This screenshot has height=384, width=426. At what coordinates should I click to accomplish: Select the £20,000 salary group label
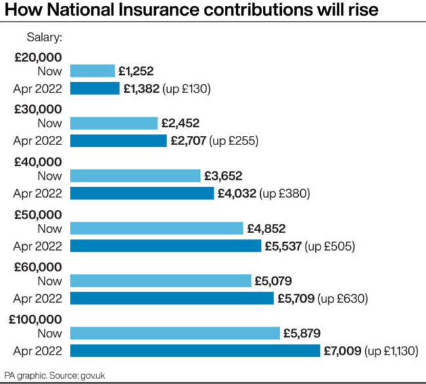[38, 57]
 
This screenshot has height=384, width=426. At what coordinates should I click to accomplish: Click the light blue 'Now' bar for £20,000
[92, 71]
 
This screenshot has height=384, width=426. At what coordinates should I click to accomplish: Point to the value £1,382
[141, 89]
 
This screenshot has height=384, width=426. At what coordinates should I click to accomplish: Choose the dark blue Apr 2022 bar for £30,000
[118, 141]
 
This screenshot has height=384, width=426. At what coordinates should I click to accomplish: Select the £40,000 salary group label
[38, 162]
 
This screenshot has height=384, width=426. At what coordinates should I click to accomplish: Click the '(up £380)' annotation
[285, 194]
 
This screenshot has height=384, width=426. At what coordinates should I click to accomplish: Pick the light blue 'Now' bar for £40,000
[134, 176]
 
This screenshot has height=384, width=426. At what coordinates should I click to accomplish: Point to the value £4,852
[266, 228]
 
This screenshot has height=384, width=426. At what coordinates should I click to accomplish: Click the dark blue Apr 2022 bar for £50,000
[165, 246]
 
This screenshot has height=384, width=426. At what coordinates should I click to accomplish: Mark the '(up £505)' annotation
[331, 246]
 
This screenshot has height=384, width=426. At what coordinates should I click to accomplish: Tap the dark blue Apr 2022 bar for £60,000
[172, 299]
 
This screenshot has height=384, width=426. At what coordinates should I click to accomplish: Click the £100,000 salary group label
[35, 320]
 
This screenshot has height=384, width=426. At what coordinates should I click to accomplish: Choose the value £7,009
[341, 351]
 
